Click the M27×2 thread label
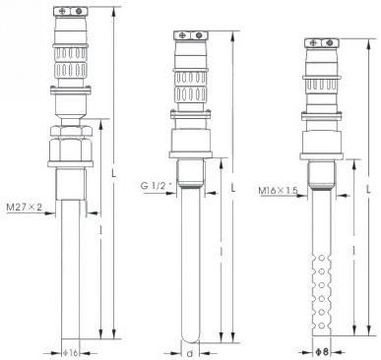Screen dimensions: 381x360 pos(25,208)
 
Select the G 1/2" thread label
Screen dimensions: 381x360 pos(157,186)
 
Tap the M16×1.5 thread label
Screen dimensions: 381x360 pos(279,190)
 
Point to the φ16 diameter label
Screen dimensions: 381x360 pos(71,353)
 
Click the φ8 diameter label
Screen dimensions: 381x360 pos(322,352)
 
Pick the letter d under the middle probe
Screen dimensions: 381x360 pos(190,354)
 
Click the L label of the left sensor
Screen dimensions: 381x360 pos(114,173)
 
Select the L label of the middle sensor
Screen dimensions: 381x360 pos(233,189)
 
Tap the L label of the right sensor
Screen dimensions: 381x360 pos(369,189)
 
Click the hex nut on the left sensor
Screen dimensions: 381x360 pos(71,149)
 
